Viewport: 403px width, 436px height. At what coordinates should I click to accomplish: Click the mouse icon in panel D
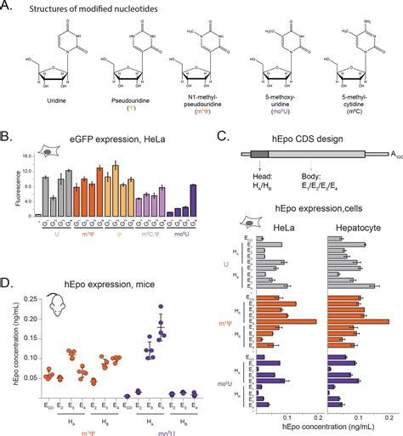click(x=54, y=304)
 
